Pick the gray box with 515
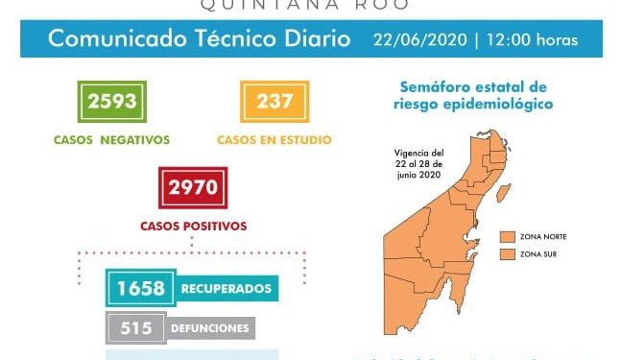click(x=136, y=328)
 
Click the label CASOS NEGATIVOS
click(x=112, y=139)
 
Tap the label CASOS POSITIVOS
click(x=193, y=227)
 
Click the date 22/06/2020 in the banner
click(x=418, y=40)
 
